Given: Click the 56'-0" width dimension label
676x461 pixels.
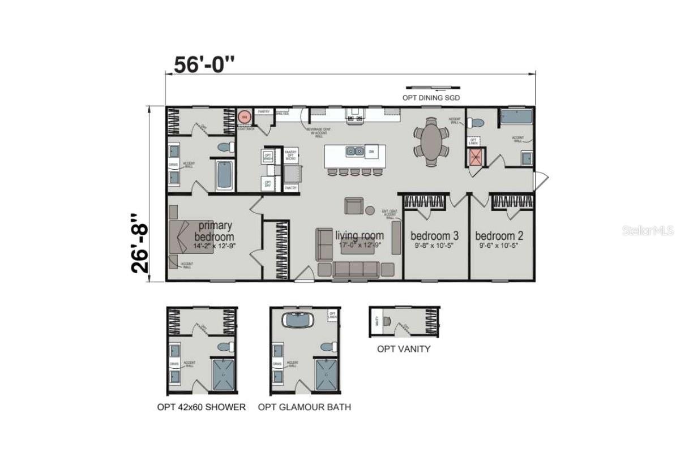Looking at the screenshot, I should [204, 64].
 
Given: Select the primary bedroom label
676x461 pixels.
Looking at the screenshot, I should [213, 231].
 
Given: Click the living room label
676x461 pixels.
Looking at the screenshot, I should [360, 235].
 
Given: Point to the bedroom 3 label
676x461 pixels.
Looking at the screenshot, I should [435, 235].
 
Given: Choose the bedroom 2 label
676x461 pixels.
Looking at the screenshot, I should [499, 235].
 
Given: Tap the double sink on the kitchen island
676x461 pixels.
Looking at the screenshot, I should [355, 152].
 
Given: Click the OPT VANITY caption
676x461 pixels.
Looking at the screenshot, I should [404, 349].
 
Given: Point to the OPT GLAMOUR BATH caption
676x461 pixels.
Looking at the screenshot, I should [305, 407].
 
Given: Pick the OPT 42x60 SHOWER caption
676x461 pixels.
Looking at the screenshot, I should [201, 407].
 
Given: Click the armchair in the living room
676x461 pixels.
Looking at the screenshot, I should [355, 206].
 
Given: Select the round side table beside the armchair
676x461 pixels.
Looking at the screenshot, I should [370, 210].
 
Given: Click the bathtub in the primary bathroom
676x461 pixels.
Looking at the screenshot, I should [224, 175].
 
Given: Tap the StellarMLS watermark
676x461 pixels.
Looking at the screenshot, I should [648, 231].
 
